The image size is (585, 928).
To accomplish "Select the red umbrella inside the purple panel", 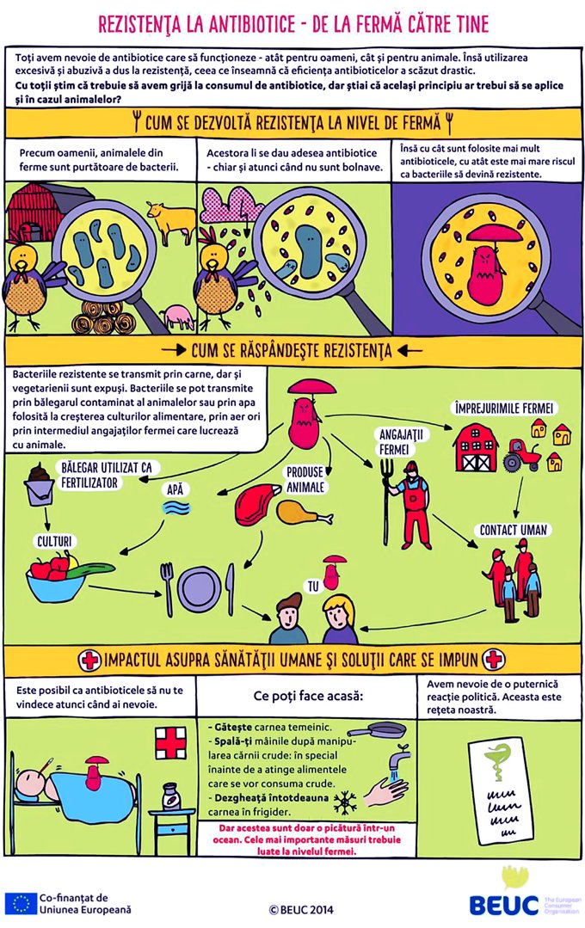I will coord(489,233).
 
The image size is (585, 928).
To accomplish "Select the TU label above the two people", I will coord(313,587).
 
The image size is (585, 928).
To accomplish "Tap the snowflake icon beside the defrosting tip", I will coord(349,804).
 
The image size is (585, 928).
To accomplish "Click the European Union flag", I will coord(20,903).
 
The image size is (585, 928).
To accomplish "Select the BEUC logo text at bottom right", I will coord(504,904).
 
